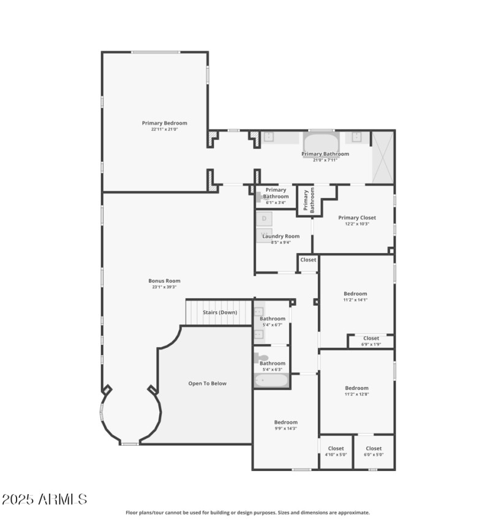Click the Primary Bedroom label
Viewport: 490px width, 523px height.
tap(164, 123)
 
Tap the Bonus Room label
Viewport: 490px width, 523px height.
tap(164, 281)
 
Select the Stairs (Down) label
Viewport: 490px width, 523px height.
tap(220, 312)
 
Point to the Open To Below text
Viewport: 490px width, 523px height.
tap(207, 383)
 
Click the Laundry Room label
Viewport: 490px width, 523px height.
tap(281, 236)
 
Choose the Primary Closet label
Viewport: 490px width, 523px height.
tap(357, 217)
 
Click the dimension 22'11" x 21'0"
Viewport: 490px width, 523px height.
tap(164, 129)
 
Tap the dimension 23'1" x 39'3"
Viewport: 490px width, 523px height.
tap(164, 287)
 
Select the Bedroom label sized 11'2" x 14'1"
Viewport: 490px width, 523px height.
tap(355, 293)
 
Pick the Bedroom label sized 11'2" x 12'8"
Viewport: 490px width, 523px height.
tap(356, 388)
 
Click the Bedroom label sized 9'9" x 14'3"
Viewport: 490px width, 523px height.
tap(285, 422)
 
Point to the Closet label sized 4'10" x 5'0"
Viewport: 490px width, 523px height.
tap(336, 448)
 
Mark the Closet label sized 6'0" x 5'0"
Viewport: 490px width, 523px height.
tap(374, 448)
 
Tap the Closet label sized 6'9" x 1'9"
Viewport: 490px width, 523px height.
tap(371, 338)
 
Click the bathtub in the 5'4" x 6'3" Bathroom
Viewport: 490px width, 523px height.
tap(271, 381)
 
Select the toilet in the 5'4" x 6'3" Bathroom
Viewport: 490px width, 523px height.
tap(261, 357)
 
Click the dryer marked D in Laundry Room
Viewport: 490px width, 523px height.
tap(265, 218)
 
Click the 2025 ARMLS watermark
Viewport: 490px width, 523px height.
tap(44, 500)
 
